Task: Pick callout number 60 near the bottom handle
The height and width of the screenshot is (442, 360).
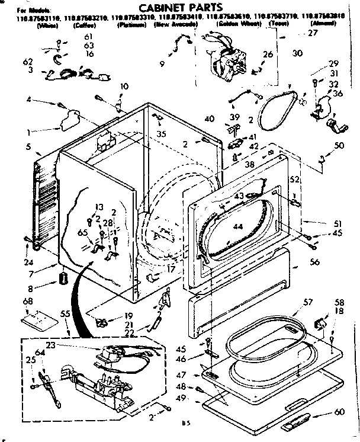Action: pyautogui.click(x=339, y=412)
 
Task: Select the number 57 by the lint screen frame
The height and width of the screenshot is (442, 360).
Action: pyautogui.click(x=308, y=303)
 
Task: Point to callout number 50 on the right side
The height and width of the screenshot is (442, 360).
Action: pyautogui.click(x=339, y=146)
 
